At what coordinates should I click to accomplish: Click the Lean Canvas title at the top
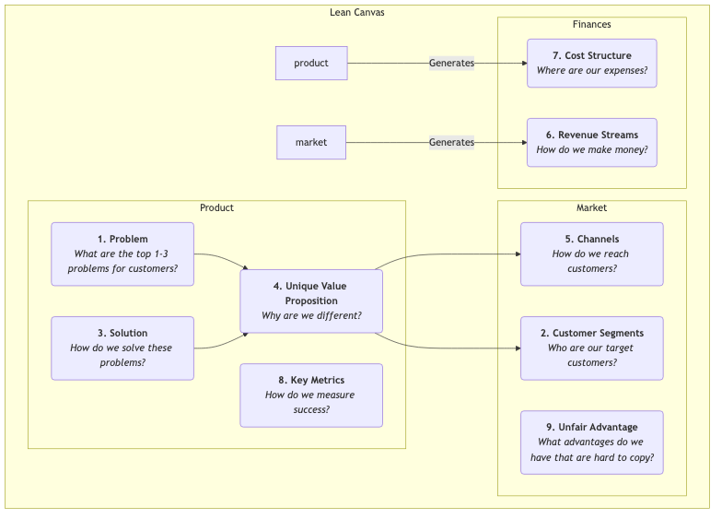357,12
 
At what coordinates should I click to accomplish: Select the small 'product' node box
311,63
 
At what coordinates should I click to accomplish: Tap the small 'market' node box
311,142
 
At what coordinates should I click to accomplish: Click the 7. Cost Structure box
591,63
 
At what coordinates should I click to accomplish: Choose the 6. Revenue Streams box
591,142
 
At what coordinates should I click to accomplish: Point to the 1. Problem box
122,254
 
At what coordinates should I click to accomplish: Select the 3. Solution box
122,348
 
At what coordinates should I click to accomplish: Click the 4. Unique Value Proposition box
311,301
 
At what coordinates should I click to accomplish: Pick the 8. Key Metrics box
311,395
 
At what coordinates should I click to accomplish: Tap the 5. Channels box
591,254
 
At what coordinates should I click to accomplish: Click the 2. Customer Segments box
591,348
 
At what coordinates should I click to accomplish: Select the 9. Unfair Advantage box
591,442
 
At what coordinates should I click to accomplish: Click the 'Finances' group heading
591,25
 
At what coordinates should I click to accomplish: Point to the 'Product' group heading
216,207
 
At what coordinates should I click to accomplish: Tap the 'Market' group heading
591,207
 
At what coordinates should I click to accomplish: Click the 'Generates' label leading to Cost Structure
451,63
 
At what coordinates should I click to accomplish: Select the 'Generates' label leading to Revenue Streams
451,142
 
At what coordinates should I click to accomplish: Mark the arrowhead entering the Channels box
517,254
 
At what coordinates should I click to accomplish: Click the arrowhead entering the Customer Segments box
517,348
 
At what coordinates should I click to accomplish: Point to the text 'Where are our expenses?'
591,71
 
